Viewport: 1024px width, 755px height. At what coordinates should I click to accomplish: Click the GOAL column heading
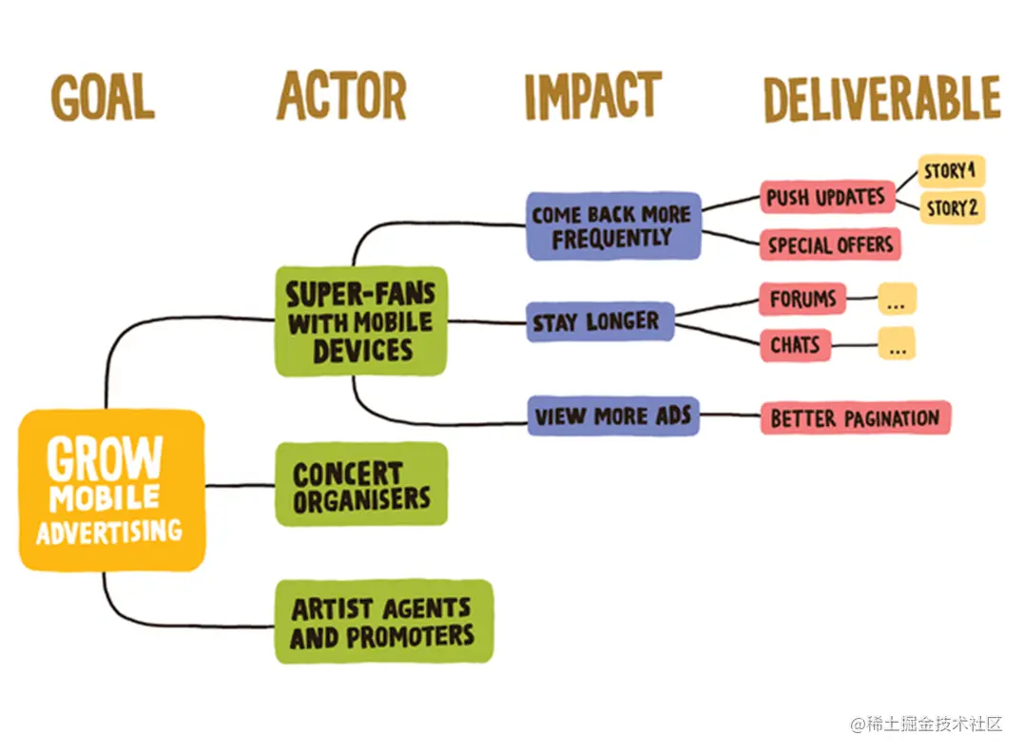103,97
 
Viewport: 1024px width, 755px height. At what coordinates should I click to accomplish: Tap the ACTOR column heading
341,95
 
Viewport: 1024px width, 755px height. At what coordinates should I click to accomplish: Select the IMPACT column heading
593,96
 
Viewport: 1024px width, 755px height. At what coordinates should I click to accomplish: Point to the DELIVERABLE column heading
881,99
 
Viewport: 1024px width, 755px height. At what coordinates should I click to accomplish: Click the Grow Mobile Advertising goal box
111,490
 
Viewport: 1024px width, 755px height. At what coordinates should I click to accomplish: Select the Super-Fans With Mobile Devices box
361,321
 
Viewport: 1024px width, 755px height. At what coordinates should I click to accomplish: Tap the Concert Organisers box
361,484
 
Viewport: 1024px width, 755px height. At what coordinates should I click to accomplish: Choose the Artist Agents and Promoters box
384,621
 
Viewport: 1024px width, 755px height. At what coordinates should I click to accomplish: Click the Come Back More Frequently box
613,226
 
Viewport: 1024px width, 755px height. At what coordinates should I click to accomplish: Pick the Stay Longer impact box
600,322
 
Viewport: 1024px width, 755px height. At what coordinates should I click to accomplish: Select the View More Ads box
613,416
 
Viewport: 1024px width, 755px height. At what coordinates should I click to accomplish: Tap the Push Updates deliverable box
827,197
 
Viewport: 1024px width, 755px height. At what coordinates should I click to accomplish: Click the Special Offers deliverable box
830,244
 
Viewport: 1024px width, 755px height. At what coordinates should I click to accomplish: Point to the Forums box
802,300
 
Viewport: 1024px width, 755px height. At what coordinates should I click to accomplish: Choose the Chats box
796,345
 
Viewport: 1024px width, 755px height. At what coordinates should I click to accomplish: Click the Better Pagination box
855,417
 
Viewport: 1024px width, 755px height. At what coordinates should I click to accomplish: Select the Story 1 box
951,171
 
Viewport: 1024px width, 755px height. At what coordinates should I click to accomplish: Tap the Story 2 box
952,207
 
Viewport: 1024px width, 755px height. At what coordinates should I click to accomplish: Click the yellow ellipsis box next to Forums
897,300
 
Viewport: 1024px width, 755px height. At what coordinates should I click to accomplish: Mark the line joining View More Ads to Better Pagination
730,415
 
